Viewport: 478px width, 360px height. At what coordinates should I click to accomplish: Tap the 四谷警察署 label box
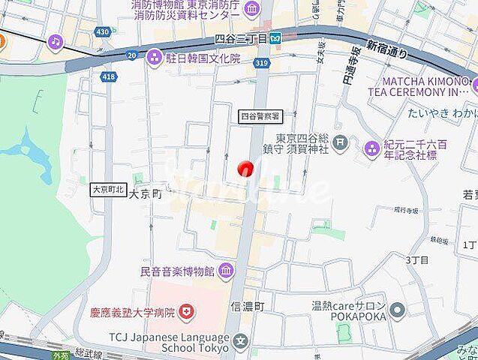pos(260,116)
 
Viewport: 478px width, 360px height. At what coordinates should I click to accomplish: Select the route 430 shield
pos(103,31)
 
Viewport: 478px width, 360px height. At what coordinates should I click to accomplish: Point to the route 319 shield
pos(261,64)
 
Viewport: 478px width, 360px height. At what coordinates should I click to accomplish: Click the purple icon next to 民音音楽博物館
pos(227,270)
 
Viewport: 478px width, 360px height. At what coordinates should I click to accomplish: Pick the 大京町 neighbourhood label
pos(146,193)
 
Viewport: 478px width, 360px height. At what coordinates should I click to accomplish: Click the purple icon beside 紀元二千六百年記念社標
pos(371,149)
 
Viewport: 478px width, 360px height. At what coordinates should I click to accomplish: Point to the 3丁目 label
pos(417,259)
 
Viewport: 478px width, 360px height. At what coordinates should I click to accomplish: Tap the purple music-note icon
pos(56,41)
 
